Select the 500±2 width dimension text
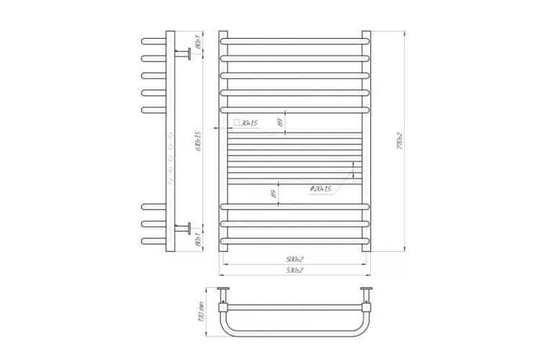[x=294, y=259]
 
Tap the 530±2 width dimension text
[x=294, y=270]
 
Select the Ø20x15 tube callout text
[x=320, y=189]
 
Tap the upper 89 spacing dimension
[x=281, y=124]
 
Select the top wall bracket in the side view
[x=184, y=53]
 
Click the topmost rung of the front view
[x=294, y=40]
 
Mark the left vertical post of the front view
[x=223, y=140]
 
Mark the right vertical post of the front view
[x=366, y=140]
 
